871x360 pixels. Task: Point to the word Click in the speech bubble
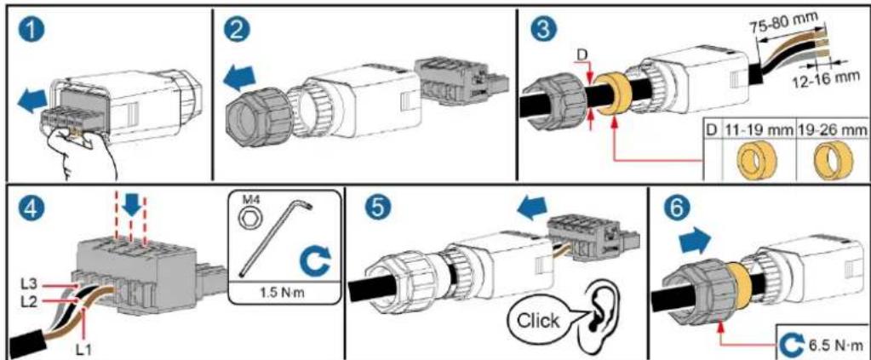point(538,321)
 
